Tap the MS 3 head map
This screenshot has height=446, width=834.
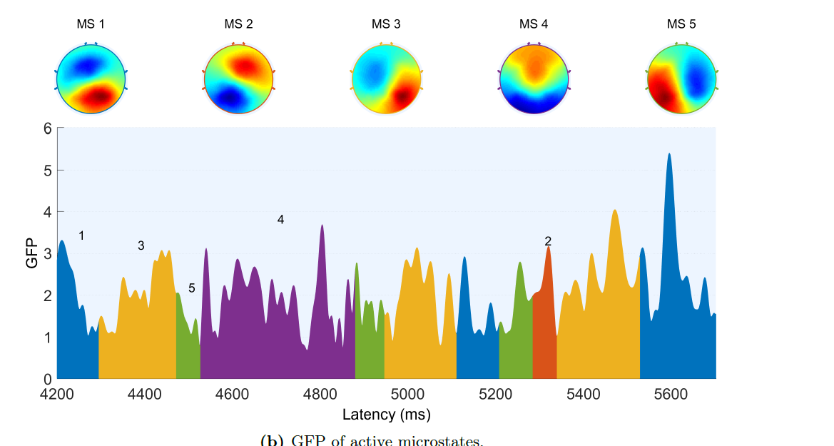385,78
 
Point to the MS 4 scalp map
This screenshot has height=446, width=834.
533,78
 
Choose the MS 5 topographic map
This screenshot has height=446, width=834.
681,78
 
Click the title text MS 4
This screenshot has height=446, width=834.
533,24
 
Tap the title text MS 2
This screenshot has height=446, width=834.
238,24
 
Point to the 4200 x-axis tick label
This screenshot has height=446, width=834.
57,393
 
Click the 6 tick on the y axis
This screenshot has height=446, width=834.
48,128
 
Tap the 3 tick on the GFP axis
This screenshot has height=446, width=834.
48,253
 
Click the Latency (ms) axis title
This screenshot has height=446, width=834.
386,415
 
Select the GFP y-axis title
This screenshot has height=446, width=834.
31,253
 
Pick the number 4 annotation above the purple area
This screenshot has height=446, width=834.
280,220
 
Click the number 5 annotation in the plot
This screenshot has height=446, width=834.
191,288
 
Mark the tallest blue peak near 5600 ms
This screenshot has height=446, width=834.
669,155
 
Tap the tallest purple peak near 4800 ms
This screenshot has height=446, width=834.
322,227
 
